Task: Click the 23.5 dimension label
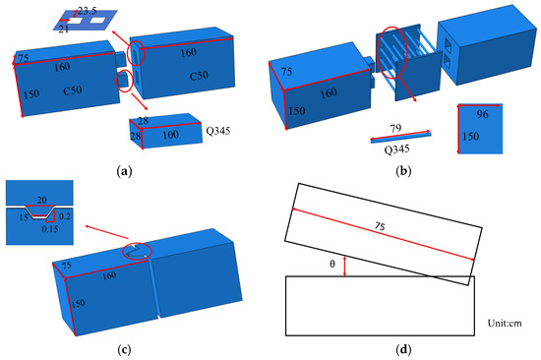tap(87, 11)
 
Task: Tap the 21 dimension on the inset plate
tap(63, 30)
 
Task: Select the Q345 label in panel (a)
tap(218, 131)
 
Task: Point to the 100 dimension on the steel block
tap(171, 135)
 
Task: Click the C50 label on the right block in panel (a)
tap(199, 76)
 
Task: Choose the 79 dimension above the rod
tap(395, 129)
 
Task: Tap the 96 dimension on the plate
tap(482, 114)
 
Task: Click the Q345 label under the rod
tap(396, 150)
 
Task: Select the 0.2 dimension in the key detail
tap(65, 216)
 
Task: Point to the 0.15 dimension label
tap(50, 229)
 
